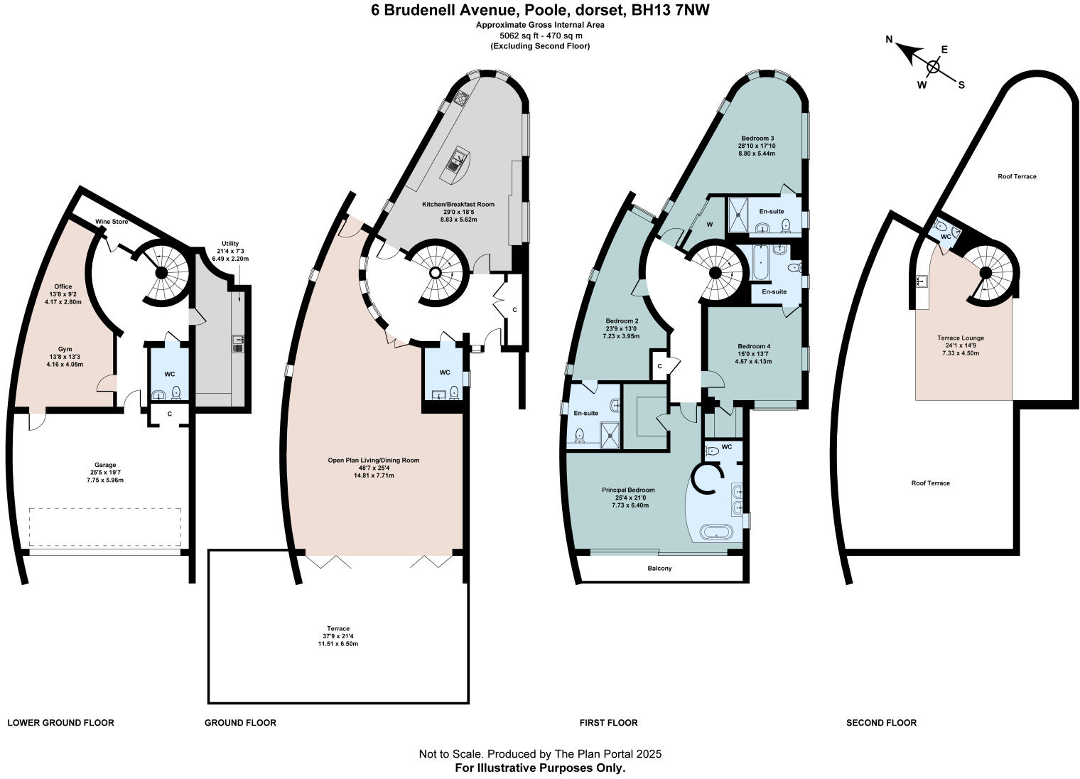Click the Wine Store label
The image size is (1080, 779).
point(112,222)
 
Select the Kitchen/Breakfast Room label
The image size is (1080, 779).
point(458,204)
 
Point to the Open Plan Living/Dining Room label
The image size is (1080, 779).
point(373,461)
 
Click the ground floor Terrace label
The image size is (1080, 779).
point(337,628)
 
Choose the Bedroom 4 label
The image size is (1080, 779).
point(755,346)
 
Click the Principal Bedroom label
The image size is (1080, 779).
point(628,490)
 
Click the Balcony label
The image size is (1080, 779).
point(659,569)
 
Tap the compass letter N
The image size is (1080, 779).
point(889,40)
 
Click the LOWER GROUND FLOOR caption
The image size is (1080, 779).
point(60,723)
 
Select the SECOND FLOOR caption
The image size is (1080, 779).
point(881,723)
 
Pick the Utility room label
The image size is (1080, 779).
point(230,243)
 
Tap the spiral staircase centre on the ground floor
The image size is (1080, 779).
point(435,272)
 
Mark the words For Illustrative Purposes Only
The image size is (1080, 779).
point(540,768)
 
